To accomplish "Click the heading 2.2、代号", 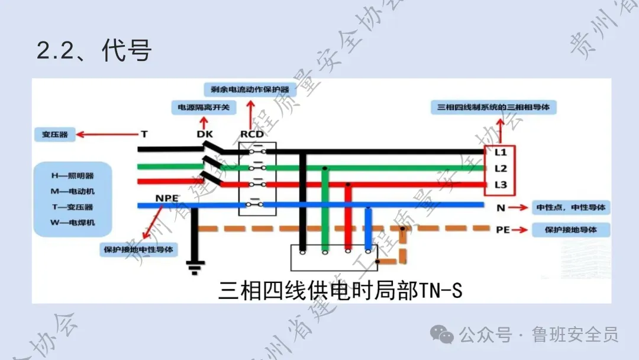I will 94,51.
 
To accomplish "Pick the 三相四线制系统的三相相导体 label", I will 496,108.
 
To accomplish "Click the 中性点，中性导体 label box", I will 572,208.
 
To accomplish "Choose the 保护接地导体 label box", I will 572,230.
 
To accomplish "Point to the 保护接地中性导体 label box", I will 140,249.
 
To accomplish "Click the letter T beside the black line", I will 144,134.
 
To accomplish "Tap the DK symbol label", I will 205,134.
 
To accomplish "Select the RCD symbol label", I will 252,134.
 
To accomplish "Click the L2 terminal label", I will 501,169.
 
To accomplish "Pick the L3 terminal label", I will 501,185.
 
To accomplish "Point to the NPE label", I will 167,197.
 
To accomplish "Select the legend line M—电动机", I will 72,191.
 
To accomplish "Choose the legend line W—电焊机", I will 72,223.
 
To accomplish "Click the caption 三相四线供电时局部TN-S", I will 340,291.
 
